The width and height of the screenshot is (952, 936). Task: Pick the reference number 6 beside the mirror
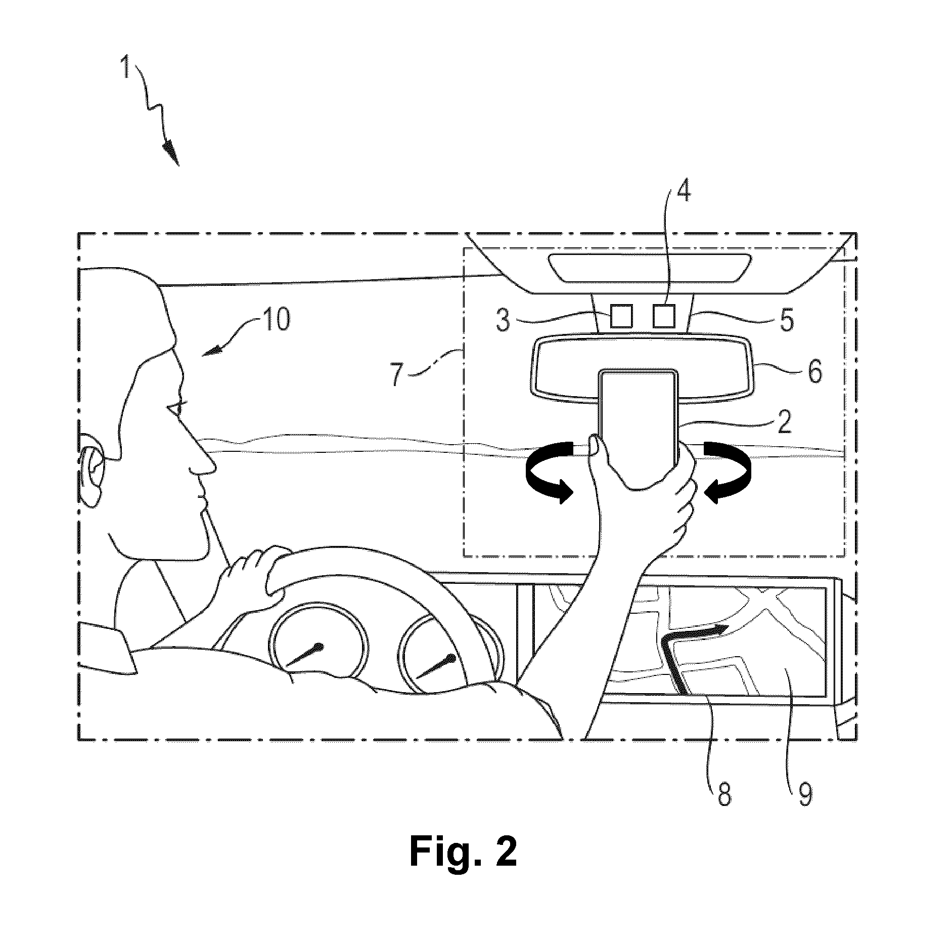[814, 372]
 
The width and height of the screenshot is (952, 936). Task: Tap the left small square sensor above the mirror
[620, 316]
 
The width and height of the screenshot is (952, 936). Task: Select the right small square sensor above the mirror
[663, 316]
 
